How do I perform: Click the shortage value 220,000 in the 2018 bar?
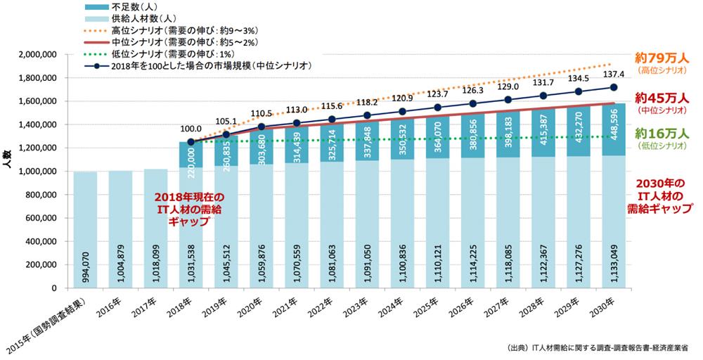(191, 166)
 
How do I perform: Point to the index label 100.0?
(191, 129)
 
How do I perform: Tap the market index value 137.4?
(614, 73)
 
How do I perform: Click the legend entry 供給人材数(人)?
(138, 18)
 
